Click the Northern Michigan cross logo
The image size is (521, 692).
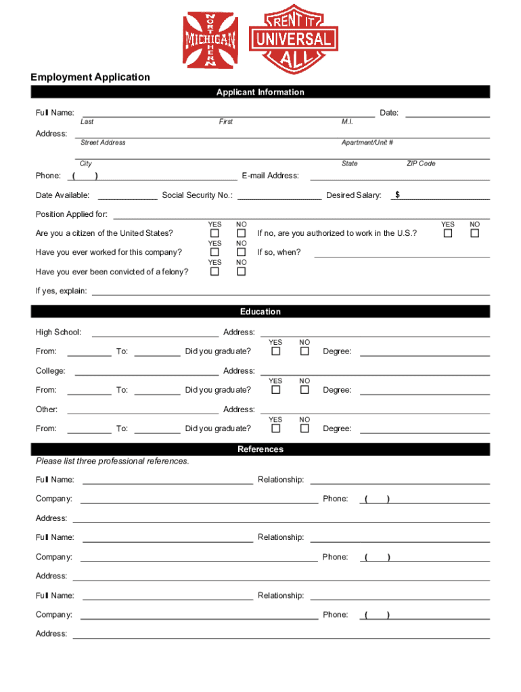pyautogui.click(x=210, y=41)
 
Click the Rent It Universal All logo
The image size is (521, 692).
pyautogui.click(x=293, y=41)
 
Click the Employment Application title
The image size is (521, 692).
pyautogui.click(x=90, y=77)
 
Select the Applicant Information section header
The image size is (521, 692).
pyautogui.click(x=260, y=93)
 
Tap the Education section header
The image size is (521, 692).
pyautogui.click(x=260, y=312)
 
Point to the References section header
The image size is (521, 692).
pyautogui.click(x=260, y=449)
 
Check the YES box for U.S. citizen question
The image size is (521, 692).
pyautogui.click(x=214, y=233)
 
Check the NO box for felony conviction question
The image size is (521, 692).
pyautogui.click(x=241, y=272)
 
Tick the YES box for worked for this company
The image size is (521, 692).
pyautogui.click(x=214, y=252)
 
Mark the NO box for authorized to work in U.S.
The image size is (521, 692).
pyautogui.click(x=475, y=233)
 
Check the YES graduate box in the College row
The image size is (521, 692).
pyautogui.click(x=276, y=390)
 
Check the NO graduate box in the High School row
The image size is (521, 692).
pyautogui.click(x=304, y=351)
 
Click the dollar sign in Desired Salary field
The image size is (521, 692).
pyautogui.click(x=398, y=195)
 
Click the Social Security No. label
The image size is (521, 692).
pyautogui.click(x=198, y=195)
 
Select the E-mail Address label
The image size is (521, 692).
pyautogui.click(x=270, y=176)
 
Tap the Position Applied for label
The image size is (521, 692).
pyautogui.click(x=72, y=214)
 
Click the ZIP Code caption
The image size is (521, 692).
pyautogui.click(x=421, y=164)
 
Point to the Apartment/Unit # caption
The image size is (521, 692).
pyautogui.click(x=367, y=143)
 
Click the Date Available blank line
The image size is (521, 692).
pyautogui.click(x=128, y=197)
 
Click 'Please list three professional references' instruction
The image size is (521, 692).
pyautogui.click(x=112, y=462)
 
